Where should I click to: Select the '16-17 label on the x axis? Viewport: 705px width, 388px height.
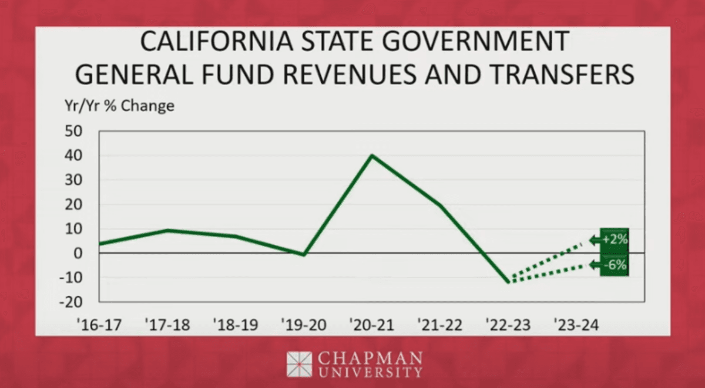click(99, 325)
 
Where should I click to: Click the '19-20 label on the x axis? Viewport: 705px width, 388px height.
click(304, 325)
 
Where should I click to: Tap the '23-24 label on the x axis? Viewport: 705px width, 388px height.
click(577, 325)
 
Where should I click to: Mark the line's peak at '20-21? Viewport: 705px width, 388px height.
click(372, 156)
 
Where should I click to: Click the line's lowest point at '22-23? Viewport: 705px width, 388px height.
click(508, 282)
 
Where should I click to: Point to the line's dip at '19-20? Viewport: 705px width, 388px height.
click(304, 255)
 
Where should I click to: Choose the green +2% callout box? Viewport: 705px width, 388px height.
click(614, 239)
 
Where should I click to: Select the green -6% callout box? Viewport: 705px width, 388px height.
click(614, 265)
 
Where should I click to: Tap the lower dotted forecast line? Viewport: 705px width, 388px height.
click(546, 273)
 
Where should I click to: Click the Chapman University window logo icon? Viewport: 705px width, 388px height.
click(299, 364)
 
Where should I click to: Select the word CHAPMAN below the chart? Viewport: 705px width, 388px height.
click(370, 358)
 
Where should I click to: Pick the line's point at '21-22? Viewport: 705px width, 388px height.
click(440, 206)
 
